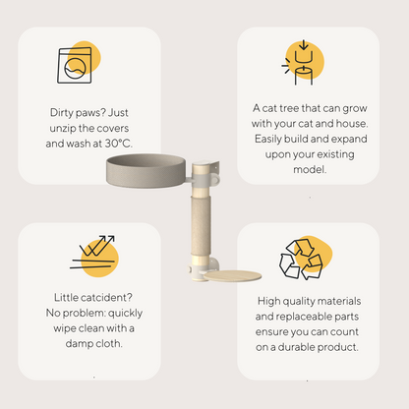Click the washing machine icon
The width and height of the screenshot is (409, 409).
pyautogui.click(x=75, y=65)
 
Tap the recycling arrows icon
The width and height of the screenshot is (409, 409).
pyautogui.click(x=301, y=260)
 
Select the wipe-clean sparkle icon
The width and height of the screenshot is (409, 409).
pyautogui.click(x=93, y=252)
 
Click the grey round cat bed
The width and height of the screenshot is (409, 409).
pyautogui.click(x=146, y=170)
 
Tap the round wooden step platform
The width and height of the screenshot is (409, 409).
pyautogui.click(x=233, y=276)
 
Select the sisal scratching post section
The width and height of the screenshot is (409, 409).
pyautogui.click(x=201, y=226)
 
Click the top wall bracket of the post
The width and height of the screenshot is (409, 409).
pyautogui.click(x=205, y=173)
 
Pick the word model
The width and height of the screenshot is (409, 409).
pyautogui.click(x=310, y=170)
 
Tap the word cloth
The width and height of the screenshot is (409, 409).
pyautogui.click(x=108, y=343)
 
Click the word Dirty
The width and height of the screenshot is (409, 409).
pyautogui.click(x=61, y=113)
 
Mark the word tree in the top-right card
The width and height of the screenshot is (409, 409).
pyautogui.click(x=289, y=108)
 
